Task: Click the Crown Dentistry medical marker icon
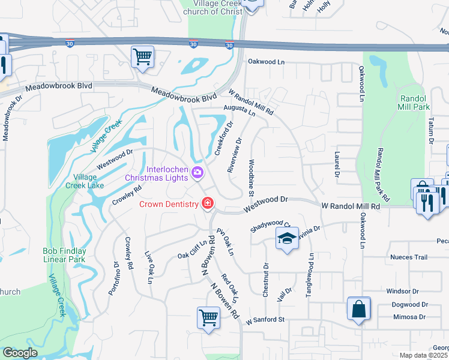pyautogui.click(x=208, y=204)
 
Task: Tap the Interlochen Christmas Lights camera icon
pyautogui.click(x=197, y=173)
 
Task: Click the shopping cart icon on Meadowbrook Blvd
pyautogui.click(x=143, y=58)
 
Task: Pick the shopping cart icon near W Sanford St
pyautogui.click(x=208, y=316)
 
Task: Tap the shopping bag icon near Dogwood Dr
pyautogui.click(x=358, y=309)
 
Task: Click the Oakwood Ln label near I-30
pyautogui.click(x=267, y=61)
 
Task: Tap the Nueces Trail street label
pyautogui.click(x=408, y=257)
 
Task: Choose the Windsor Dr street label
pyautogui.click(x=406, y=291)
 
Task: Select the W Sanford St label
pyautogui.click(x=265, y=320)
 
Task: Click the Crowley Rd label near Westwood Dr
pyautogui.click(x=127, y=195)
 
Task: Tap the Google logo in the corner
pyautogui.click(x=20, y=352)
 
